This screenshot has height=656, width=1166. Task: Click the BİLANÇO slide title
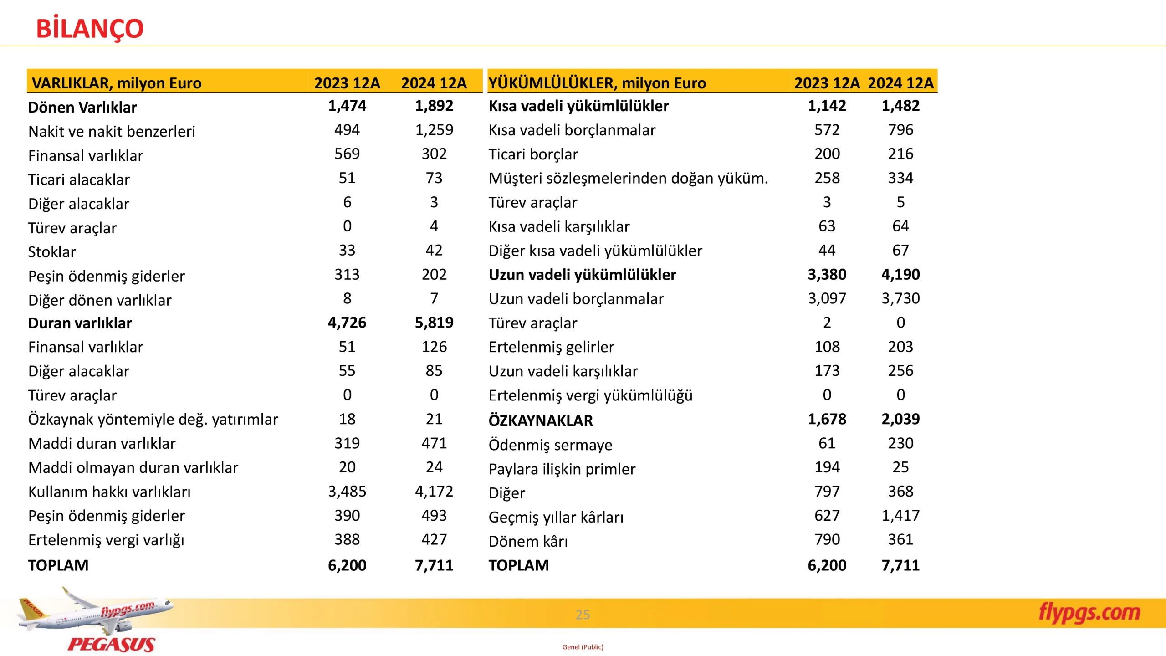coord(90,28)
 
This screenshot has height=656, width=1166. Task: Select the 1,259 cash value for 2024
coord(434,130)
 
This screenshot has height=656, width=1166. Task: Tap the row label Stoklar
coord(52,252)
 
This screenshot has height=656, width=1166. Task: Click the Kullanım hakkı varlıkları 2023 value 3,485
coord(347,492)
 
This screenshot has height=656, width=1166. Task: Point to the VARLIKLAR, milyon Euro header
coord(117,83)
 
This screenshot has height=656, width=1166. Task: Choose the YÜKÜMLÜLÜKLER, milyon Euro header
coord(597,83)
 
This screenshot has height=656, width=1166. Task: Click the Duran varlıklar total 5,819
coord(434,323)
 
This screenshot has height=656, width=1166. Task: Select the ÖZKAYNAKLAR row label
coord(541,420)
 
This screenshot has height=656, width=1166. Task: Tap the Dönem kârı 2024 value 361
coord(900,540)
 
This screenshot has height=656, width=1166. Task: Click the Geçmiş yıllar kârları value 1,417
coord(900,516)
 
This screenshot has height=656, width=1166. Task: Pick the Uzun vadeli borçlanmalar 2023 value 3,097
coord(827,299)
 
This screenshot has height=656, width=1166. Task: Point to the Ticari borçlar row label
coord(533,154)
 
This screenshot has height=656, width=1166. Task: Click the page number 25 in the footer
coord(583,615)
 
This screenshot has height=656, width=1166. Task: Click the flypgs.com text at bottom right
coord(1089,613)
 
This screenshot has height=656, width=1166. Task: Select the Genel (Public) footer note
coord(583,647)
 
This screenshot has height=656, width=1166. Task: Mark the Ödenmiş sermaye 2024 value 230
coord(900,443)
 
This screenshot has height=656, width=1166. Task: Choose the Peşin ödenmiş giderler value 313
coord(347,275)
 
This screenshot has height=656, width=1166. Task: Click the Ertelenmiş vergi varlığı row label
coord(106,540)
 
